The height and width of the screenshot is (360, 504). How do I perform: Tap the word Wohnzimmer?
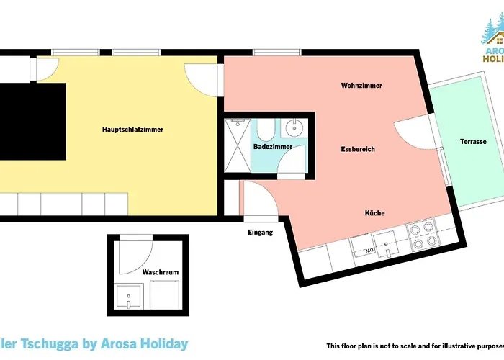[361, 86]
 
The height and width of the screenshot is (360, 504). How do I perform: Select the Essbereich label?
[358, 149]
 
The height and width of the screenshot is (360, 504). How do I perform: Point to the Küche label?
[374, 213]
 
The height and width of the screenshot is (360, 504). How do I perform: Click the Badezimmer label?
[273, 147]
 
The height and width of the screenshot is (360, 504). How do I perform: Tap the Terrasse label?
[473, 142]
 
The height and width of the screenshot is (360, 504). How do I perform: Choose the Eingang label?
[260, 232]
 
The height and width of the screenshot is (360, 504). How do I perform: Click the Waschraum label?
[160, 273]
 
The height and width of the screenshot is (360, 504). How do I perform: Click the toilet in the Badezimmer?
[264, 130]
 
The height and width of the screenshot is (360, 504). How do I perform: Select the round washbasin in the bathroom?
[293, 129]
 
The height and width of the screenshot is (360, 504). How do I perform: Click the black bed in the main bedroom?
[32, 122]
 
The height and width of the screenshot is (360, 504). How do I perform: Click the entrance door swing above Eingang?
[258, 198]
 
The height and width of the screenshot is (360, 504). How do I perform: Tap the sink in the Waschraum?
[129, 296]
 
